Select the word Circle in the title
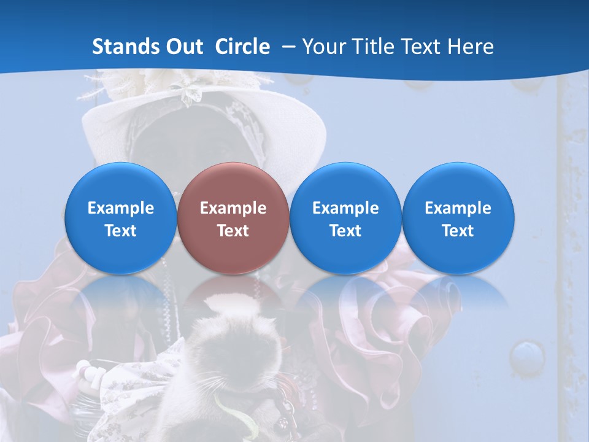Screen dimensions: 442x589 pos(242,47)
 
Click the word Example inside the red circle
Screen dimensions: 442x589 pos(233,208)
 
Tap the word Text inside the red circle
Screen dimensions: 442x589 pos(233,231)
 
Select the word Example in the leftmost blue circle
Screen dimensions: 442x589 pos(121,208)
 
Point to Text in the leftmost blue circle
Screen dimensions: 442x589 pos(121,231)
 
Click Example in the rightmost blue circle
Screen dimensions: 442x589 pos(458,208)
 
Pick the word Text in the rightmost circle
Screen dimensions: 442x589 pos(458,231)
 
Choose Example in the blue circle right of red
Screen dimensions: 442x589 pos(345,208)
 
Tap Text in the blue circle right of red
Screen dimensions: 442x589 pos(345,231)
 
